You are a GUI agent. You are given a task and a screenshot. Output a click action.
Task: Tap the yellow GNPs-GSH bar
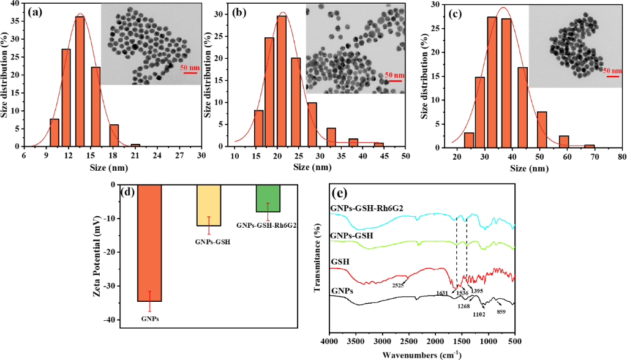point(209,205)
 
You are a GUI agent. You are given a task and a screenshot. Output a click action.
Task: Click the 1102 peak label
point(479,315)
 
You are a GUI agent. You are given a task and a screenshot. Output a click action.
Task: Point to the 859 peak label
point(501,312)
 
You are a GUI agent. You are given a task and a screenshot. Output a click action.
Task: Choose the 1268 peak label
point(464,306)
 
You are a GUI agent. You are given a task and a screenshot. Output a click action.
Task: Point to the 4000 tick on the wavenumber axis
point(329,341)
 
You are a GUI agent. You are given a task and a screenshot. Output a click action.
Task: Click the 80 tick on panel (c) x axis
point(621,158)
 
